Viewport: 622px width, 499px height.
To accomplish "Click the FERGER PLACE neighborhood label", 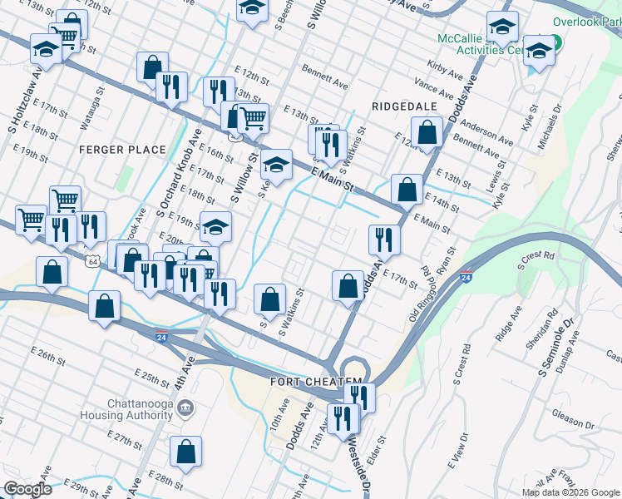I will (111, 149).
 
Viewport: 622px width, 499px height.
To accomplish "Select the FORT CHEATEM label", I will (304, 381).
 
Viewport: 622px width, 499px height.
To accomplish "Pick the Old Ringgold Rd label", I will (415, 294).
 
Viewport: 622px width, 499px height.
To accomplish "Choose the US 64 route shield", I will (91, 261).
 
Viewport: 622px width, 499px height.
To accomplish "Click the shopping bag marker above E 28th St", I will (186, 452).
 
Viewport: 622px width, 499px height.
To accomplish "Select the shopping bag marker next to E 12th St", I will (427, 131).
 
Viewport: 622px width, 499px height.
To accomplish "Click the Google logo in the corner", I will (27, 490).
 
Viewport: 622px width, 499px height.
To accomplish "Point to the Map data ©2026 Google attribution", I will (570, 492).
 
